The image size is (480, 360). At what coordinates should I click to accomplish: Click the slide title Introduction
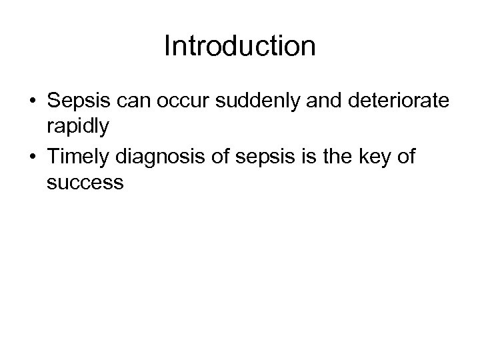pyautogui.click(x=239, y=47)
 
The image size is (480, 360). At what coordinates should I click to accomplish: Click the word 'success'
pyautogui.click(x=85, y=183)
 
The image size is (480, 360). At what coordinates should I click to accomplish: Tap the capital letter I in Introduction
pyautogui.click(x=167, y=47)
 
